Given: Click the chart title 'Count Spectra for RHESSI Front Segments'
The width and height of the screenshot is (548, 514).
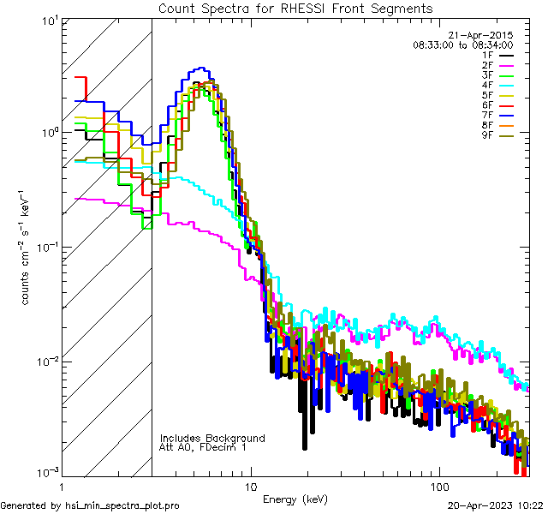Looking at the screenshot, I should click(x=295, y=9).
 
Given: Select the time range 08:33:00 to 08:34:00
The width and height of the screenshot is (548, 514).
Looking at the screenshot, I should click(x=462, y=45).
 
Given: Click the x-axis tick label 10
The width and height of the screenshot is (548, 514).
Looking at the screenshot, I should click(x=250, y=487).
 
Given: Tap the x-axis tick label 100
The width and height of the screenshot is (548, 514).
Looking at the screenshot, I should click(x=439, y=487).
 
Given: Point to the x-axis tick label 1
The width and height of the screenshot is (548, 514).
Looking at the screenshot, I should click(x=61, y=487).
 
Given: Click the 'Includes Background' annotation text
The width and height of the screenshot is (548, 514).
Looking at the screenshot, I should click(x=212, y=438).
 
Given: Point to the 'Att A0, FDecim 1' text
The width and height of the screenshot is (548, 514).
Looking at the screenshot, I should click(x=203, y=447).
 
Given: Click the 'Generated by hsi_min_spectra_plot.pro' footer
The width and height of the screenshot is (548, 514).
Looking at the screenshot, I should click(x=90, y=506).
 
